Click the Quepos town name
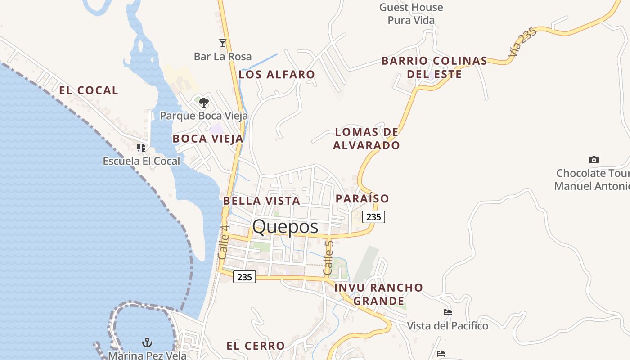(x=285, y=227)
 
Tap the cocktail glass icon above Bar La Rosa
(x=222, y=43)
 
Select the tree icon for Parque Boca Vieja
(x=203, y=103)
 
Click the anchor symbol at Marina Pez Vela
(x=147, y=342)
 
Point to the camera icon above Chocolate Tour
(x=594, y=160)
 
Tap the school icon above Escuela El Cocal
(x=141, y=147)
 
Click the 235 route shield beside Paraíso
(x=373, y=217)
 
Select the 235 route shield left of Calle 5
(x=244, y=277)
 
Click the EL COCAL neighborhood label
(x=89, y=90)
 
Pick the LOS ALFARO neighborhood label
(x=277, y=75)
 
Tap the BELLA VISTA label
(x=261, y=201)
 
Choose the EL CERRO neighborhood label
(x=256, y=346)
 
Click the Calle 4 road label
(x=223, y=242)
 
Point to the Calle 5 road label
(x=328, y=258)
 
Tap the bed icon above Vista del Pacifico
(x=447, y=312)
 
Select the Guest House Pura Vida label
(x=411, y=13)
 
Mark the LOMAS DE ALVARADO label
(x=366, y=139)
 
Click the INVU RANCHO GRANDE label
(x=378, y=294)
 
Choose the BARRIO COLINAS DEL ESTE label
(x=434, y=67)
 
